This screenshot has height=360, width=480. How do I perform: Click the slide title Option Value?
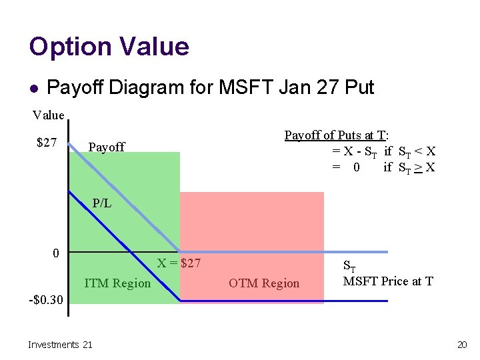(x=109, y=47)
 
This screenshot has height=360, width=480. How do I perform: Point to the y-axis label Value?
(x=49, y=115)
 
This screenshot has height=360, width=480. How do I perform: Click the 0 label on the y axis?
(x=57, y=253)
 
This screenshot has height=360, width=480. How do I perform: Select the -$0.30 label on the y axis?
(x=46, y=299)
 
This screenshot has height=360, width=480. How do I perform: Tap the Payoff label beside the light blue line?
(x=107, y=147)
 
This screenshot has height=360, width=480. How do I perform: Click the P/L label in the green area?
(x=102, y=203)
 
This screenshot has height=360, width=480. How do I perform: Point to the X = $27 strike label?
(x=179, y=263)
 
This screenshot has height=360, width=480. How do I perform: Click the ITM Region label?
(x=117, y=283)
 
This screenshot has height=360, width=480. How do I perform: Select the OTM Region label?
(x=264, y=283)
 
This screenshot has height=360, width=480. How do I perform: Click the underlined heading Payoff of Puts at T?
(x=337, y=135)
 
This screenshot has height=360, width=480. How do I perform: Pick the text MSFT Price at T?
(x=388, y=281)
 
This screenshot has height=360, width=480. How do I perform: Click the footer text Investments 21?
(x=60, y=344)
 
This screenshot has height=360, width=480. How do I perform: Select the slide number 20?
(x=461, y=344)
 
